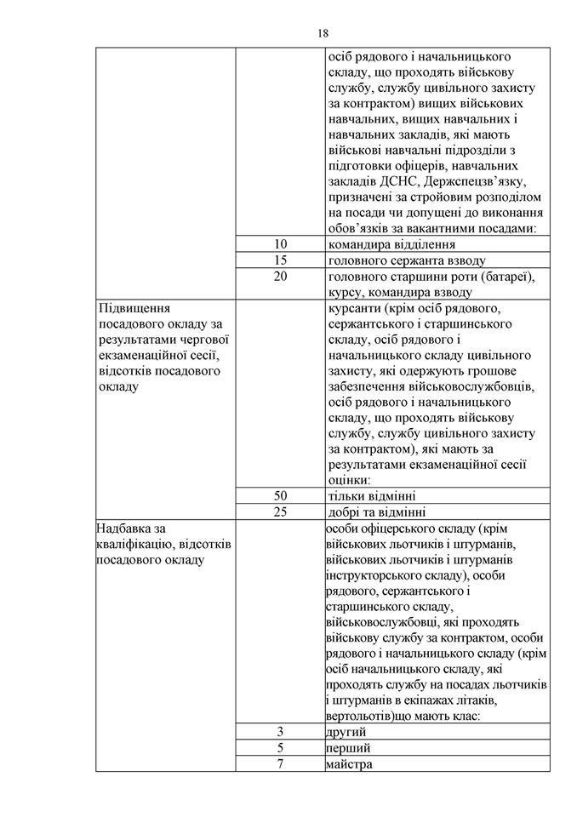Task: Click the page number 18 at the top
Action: coord(323,33)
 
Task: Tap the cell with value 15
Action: coord(281,260)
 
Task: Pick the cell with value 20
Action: coord(281,276)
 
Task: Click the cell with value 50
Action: coord(281,496)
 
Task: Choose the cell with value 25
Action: coord(281,512)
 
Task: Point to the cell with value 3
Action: coord(281,732)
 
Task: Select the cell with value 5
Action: coord(281,748)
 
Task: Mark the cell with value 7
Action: coord(281,763)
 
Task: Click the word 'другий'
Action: coord(346,732)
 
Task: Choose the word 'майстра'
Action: coord(349,763)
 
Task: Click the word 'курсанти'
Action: coord(355,307)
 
